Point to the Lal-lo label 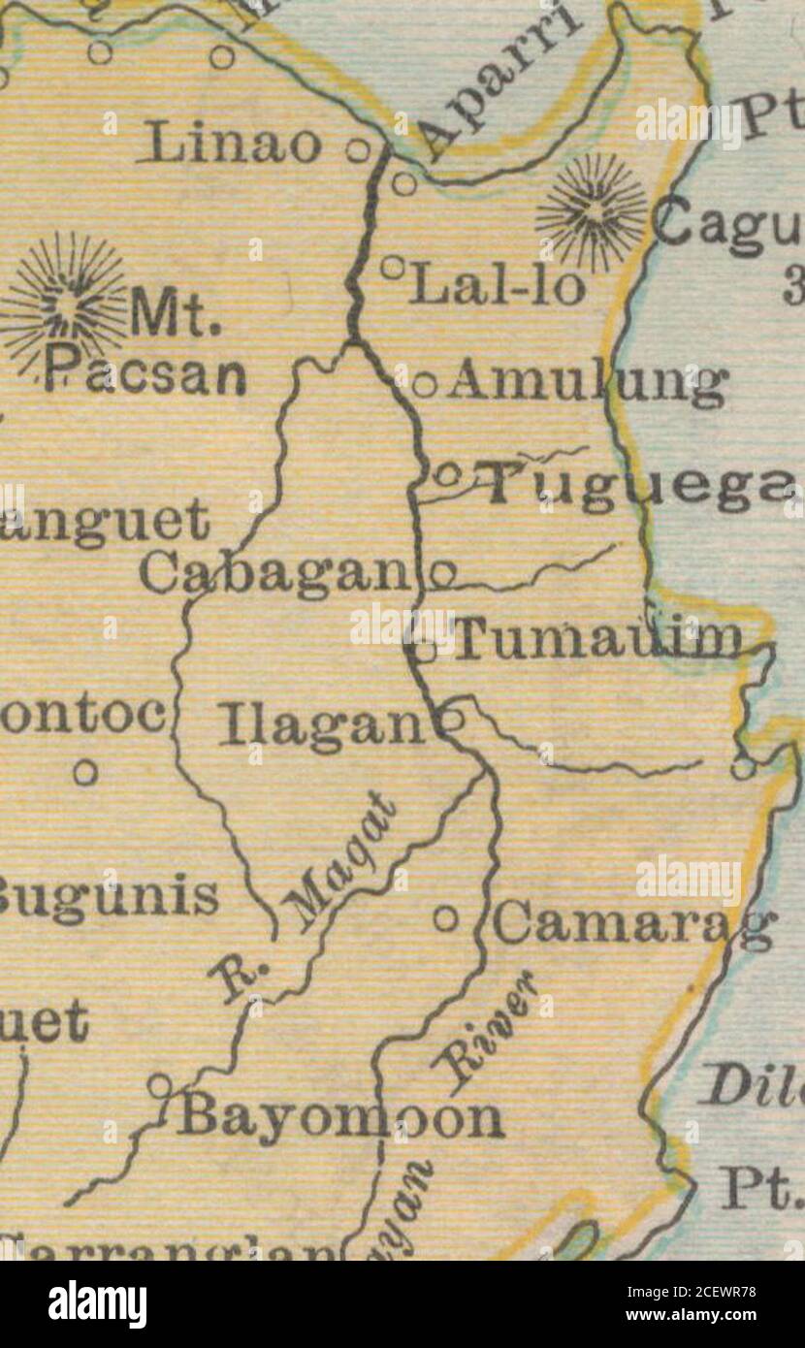(x=497, y=287)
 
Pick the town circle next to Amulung (x=424, y=385)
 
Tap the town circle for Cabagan (x=442, y=574)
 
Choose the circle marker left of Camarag (x=445, y=916)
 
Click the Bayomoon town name (x=338, y=1118)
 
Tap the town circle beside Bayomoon (x=159, y=1085)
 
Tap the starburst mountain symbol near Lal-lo (x=592, y=211)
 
